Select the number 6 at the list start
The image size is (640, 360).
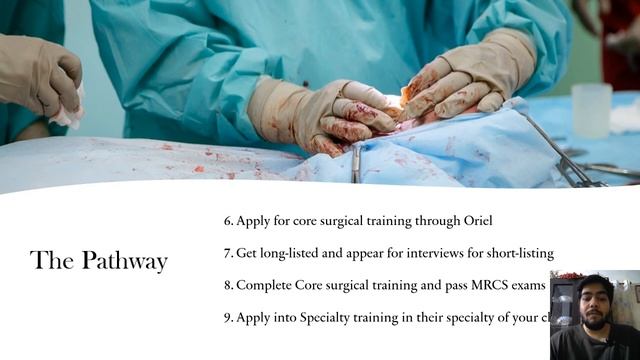(x=228, y=220)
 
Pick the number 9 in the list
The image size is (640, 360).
(x=228, y=317)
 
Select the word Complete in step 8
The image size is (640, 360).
(x=264, y=285)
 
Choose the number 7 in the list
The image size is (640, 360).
(x=228, y=252)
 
